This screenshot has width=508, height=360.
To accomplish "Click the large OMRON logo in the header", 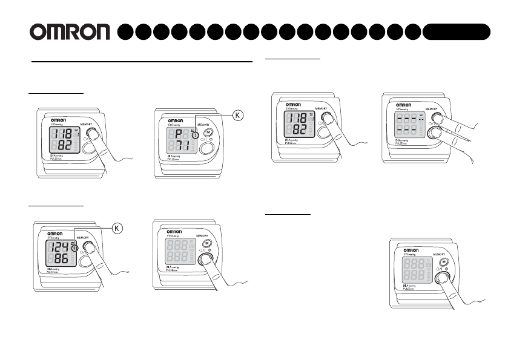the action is pos(70,32).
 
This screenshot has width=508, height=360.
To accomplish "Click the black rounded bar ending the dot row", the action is pos(457,32).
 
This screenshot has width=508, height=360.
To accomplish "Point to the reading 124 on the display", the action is pos(59,247).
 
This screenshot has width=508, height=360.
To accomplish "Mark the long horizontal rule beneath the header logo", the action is pos(142,61).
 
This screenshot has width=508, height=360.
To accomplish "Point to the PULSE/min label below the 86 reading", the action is pos(56,272).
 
